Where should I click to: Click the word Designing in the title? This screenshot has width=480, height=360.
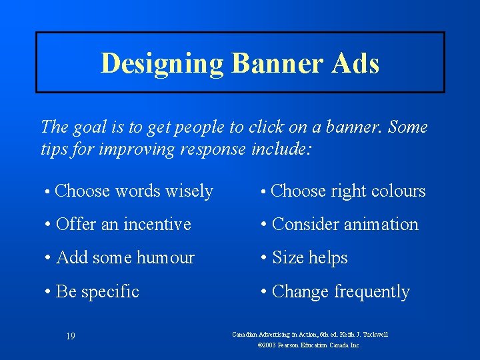162,63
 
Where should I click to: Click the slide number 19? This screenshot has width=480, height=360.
71,336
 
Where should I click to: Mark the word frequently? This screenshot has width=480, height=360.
371,292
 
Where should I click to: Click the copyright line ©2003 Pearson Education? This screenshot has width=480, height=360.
309,345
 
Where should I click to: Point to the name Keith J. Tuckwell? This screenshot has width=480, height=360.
366,334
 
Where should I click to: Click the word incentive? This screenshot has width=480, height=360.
157,225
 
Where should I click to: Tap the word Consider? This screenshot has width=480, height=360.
306,225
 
